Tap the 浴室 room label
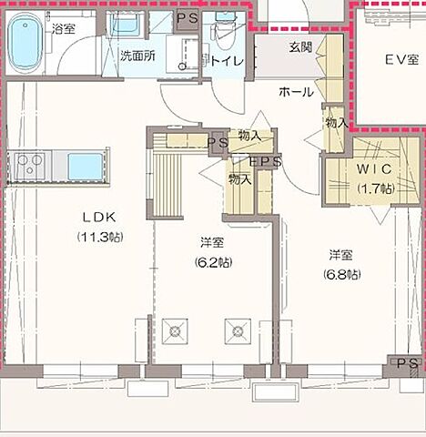pyautogui.click(x=64, y=29)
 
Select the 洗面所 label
pyautogui.click(x=138, y=56)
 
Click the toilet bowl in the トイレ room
pyautogui.click(x=225, y=36)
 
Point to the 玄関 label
pyautogui.click(x=300, y=47)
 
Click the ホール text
pyautogui.click(x=296, y=92)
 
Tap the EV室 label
pyautogui.click(x=402, y=60)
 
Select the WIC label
pyautogui.click(x=374, y=169)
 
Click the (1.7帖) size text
pyautogui.click(x=376, y=189)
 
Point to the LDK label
pyautogui.click(x=99, y=218)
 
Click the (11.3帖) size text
pyautogui.click(x=100, y=237)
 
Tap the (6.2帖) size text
pyautogui.click(x=214, y=262)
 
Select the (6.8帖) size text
pyautogui.click(x=342, y=275)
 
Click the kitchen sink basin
pyautogui.click(x=86, y=167)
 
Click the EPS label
pyautogui.click(x=265, y=162)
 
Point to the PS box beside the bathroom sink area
pyautogui.click(x=188, y=19)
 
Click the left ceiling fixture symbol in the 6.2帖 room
pyautogui.click(x=175, y=331)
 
